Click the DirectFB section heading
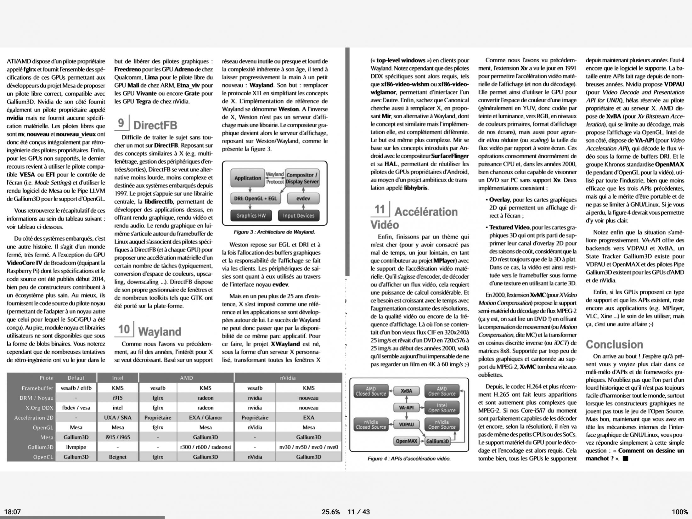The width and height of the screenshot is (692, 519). point(155,125)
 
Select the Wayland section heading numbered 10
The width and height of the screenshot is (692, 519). point(159,331)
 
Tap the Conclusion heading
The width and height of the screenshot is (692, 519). point(614,344)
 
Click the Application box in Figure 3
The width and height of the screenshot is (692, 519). point(248,178)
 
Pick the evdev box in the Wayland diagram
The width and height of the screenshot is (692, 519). point(303,199)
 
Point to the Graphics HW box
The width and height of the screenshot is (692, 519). point(251,216)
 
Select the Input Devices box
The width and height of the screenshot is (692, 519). point(298,216)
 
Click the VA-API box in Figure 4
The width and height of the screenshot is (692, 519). point(406,408)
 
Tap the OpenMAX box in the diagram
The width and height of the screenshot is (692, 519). point(406,441)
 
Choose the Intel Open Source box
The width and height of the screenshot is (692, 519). point(442,408)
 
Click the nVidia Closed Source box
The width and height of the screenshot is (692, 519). point(371,425)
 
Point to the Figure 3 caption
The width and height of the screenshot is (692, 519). point(274,232)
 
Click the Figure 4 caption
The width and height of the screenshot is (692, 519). point(409,459)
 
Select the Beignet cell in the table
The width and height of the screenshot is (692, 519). point(117,457)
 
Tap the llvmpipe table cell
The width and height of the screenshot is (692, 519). point(76,447)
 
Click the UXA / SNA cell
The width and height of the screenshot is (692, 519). point(117,417)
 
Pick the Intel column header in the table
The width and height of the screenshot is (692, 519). point(117,378)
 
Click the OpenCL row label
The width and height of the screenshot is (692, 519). point(43,457)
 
